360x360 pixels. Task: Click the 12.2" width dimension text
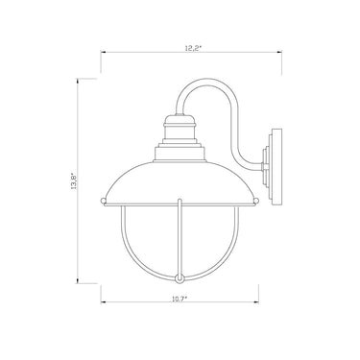[180, 46]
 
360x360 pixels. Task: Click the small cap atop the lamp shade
[177, 122]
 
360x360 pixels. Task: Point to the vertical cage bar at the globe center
[177, 240]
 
